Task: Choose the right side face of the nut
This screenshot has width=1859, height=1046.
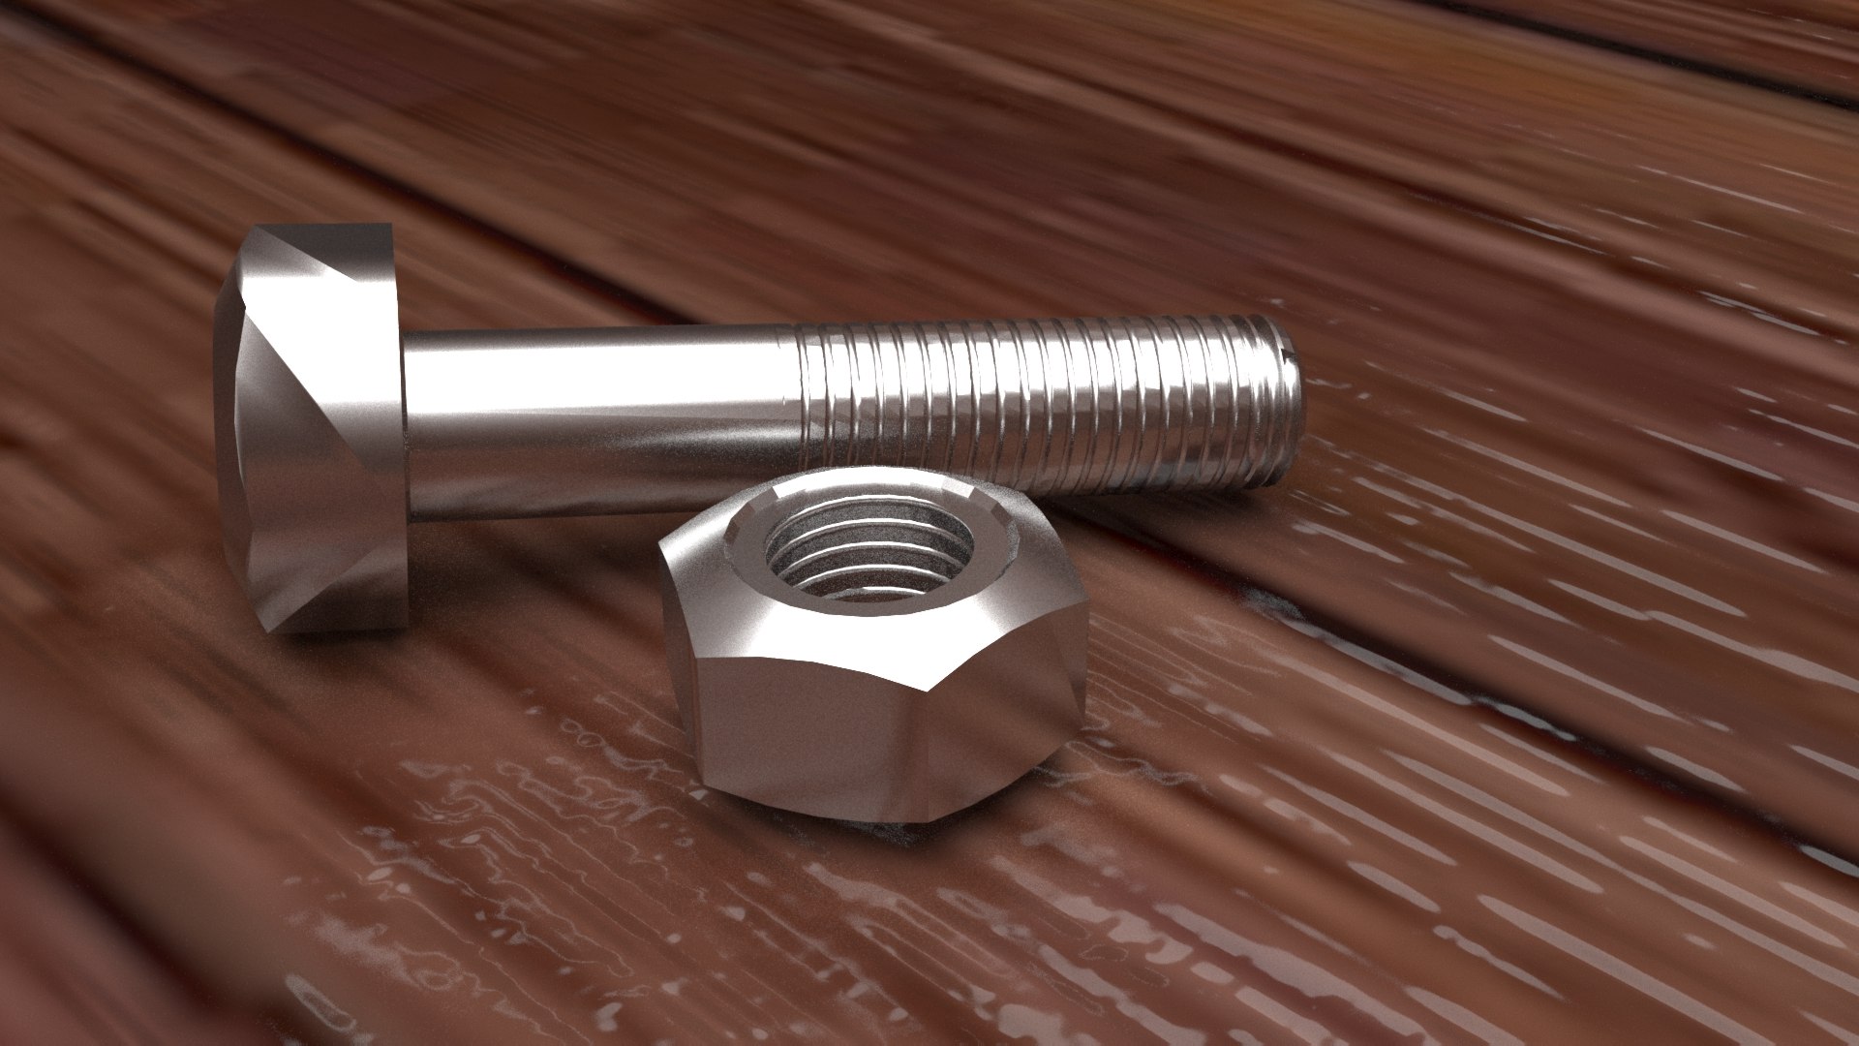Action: pos(1017,717)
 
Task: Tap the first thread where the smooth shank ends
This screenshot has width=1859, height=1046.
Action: pos(804,407)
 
